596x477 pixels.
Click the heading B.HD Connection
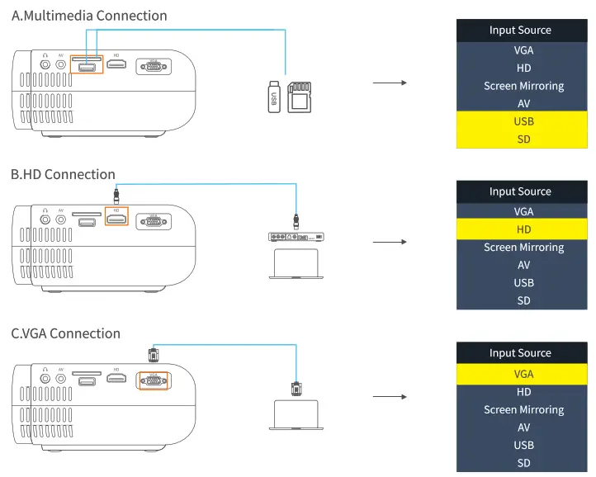pos(63,174)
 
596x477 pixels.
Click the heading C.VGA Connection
pos(65,333)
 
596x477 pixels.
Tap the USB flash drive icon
pos(274,97)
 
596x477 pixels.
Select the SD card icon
pos(298,97)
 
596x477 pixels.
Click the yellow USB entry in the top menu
pos(523,121)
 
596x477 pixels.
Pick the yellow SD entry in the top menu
pos(523,139)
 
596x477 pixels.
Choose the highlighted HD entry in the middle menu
pos(523,229)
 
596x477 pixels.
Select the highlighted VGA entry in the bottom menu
pos(523,374)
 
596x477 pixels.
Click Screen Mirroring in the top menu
pos(523,86)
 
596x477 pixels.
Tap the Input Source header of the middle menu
pos(520,191)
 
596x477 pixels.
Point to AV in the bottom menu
pos(523,427)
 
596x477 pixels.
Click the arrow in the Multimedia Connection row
pos(390,83)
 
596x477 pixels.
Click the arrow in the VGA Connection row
pos(390,396)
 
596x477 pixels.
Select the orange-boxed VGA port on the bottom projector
pos(152,381)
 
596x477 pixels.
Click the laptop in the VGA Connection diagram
pos(296,414)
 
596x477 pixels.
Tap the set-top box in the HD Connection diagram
pos(297,237)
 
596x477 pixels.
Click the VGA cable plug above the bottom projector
pos(152,354)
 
